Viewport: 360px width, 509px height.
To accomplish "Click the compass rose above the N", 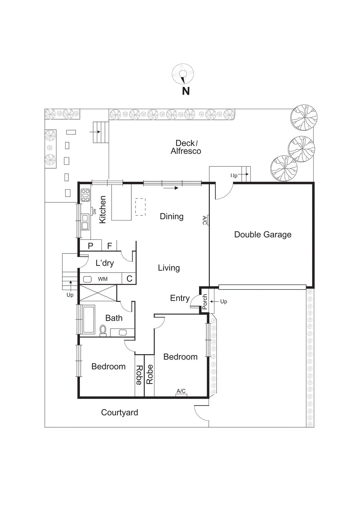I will (x=183, y=74).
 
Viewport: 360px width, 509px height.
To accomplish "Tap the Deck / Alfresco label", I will (x=186, y=147).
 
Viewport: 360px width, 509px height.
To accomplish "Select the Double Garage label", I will (x=263, y=234).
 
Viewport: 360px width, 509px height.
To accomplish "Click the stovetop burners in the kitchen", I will (x=86, y=195).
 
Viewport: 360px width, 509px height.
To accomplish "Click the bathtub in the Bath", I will (x=89, y=319).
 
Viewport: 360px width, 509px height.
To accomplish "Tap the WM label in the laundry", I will (x=103, y=279).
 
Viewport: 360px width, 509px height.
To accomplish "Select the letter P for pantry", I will (x=91, y=246).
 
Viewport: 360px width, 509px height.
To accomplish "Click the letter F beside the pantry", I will (x=109, y=246).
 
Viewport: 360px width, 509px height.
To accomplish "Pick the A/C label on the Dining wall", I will (x=205, y=220).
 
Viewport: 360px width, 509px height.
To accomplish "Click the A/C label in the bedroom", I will (x=181, y=391).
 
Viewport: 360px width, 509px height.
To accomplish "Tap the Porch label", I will (x=205, y=302).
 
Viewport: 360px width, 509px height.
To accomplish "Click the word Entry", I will (x=180, y=298).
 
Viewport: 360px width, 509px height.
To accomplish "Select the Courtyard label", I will (x=120, y=413).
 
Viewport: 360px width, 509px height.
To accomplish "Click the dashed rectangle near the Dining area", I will (x=140, y=207).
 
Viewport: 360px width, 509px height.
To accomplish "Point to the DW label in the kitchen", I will (x=94, y=212).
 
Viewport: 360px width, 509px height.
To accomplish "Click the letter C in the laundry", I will (x=129, y=279).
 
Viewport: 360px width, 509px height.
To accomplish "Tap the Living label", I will (x=169, y=268).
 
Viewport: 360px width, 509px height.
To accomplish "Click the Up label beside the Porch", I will (x=224, y=301).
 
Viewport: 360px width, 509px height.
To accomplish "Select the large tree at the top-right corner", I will (x=304, y=118).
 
